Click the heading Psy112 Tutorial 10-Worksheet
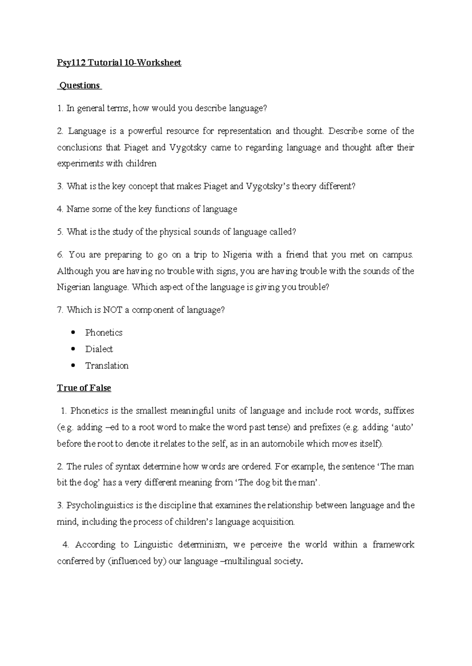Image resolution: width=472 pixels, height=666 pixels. (x=119, y=63)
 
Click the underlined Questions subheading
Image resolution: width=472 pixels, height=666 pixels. (x=80, y=86)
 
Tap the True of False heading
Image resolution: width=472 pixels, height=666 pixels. (x=84, y=388)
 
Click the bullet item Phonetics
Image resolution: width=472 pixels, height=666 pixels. (x=103, y=333)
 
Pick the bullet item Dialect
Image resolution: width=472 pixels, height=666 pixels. (x=99, y=349)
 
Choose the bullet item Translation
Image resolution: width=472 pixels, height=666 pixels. (x=107, y=366)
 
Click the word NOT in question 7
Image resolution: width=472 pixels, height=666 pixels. (x=113, y=310)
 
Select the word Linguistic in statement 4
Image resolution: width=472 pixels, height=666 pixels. (x=153, y=545)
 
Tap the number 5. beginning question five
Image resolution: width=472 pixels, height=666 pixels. (x=60, y=232)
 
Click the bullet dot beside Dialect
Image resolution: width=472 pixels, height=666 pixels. (x=74, y=349)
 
